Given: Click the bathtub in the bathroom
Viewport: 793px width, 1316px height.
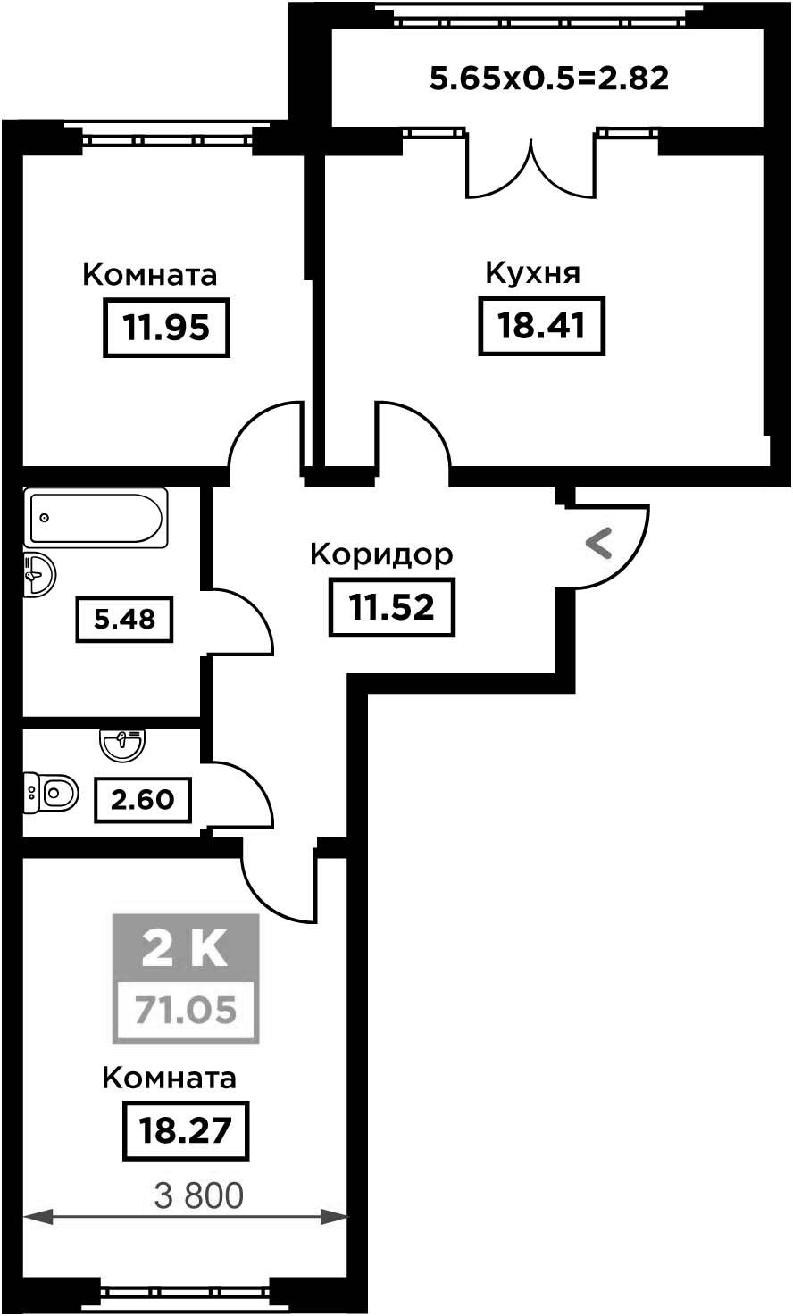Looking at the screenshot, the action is point(96,518).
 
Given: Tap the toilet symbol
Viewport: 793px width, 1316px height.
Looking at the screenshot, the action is point(51,793).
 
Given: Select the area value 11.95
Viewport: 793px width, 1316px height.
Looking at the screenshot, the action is point(166,328).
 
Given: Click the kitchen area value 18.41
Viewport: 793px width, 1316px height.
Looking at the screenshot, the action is point(541,326).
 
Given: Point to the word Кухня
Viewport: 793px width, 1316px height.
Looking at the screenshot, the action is point(532,273).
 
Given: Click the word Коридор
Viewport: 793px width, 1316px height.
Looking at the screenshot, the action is point(381,554).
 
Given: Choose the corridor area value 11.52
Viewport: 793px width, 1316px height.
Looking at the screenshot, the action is point(391,607).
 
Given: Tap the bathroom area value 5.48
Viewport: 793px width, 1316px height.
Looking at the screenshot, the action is point(124,620).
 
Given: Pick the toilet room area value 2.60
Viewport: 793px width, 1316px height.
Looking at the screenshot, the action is point(142,800).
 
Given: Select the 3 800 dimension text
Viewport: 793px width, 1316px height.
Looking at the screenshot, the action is point(198,1195).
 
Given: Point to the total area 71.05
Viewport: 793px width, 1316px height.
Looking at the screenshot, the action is point(185,1010).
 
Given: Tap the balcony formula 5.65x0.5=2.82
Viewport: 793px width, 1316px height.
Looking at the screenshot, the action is point(549,79).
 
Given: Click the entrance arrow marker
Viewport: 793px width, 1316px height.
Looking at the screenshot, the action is point(599,544).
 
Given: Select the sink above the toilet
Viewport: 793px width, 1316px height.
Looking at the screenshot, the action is point(121,745).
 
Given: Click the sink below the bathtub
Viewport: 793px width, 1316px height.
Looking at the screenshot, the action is point(39,574).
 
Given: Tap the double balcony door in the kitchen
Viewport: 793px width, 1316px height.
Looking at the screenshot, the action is point(531,171).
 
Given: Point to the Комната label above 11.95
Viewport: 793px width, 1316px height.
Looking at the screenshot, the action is point(150,275).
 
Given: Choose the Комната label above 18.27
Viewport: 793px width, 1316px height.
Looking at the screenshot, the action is point(170,1078).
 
